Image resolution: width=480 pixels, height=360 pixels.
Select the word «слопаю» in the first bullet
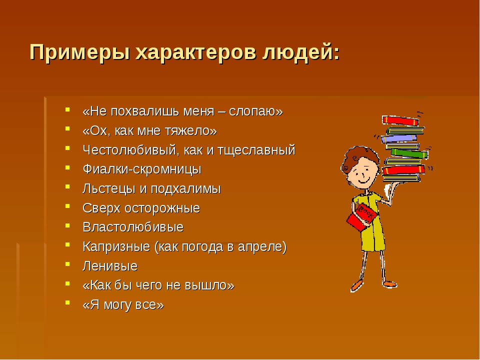point(256,111)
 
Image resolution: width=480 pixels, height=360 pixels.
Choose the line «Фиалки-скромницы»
point(142,169)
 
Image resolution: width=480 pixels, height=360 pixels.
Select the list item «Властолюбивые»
point(133,227)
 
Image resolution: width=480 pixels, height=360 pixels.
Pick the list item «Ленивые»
point(110,266)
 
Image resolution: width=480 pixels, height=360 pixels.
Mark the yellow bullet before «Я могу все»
point(67,302)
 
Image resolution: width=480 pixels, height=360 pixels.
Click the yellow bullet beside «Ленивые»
point(67,264)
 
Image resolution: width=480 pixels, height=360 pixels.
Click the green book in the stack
point(409,153)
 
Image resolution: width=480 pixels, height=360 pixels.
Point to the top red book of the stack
point(400,120)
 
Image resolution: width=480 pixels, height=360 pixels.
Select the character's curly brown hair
point(359,157)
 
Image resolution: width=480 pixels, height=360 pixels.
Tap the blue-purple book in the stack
point(400,139)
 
